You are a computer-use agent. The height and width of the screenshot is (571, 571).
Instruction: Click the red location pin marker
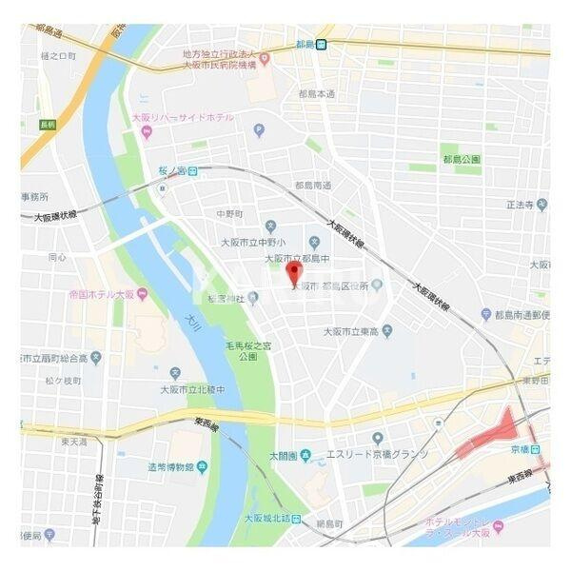294,272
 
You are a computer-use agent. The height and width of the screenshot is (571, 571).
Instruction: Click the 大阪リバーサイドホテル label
183,117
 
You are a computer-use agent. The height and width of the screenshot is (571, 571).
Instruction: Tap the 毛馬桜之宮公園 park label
247,350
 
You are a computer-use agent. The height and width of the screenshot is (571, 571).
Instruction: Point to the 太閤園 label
283,456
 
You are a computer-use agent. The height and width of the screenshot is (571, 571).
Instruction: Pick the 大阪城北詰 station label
272,519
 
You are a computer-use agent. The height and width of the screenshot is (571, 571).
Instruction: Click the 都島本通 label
316,94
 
